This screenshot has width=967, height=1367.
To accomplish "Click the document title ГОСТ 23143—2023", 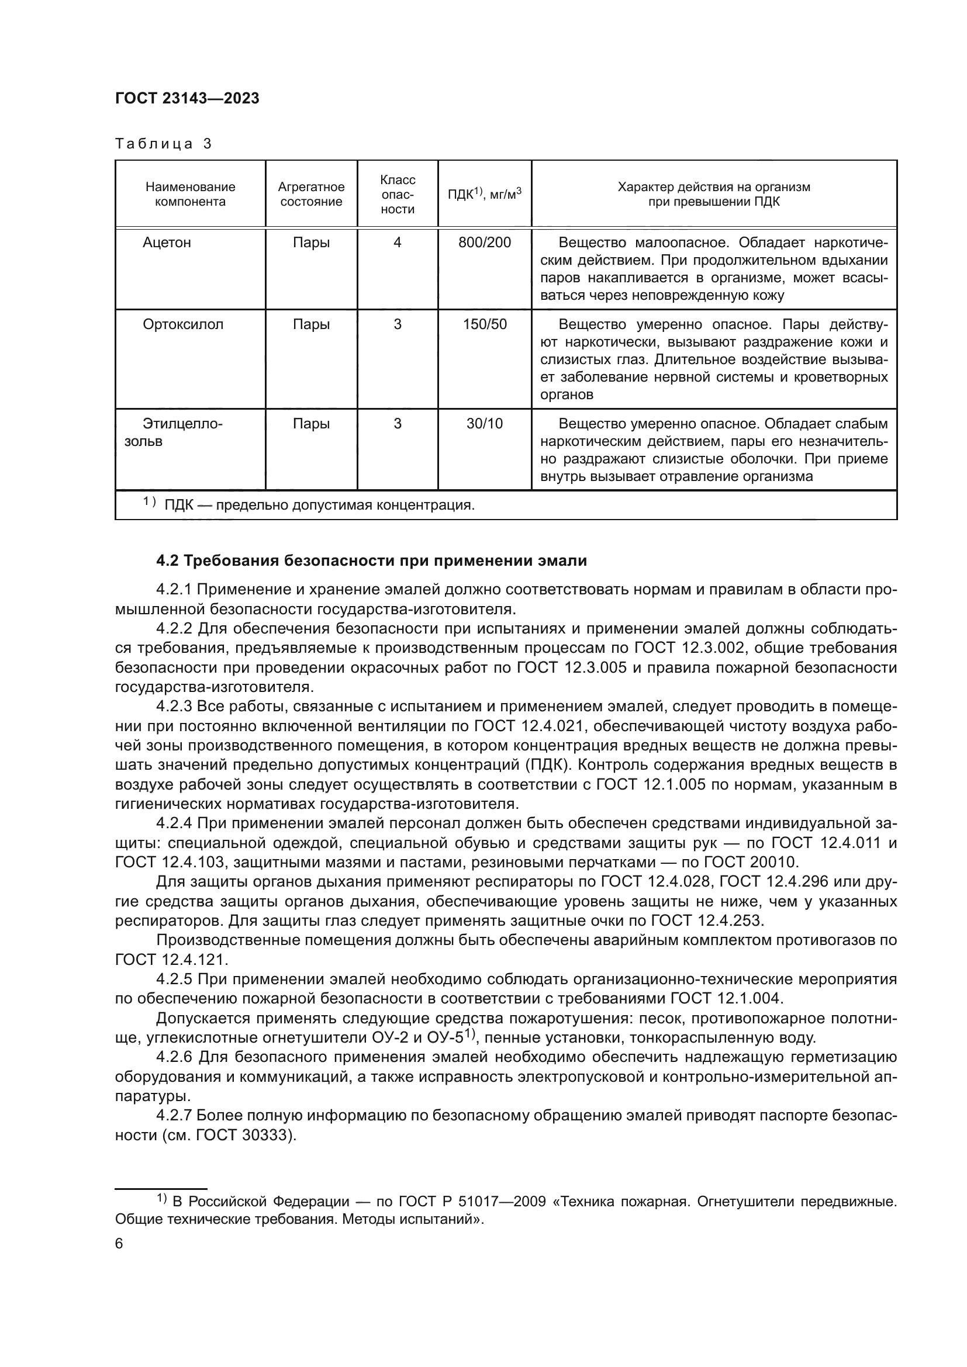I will pos(187,99).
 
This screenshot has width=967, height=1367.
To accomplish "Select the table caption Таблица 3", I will pos(163,144).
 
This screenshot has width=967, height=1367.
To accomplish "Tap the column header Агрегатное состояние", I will pos(311,194).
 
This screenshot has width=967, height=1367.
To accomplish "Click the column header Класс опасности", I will pos(397,194).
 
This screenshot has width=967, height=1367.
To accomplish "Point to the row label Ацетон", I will pos(167,243).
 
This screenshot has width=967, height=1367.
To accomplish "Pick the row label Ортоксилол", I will pos(183,324).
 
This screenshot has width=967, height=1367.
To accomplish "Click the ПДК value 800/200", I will pos(484,243).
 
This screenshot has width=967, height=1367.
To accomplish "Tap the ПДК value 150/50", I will pos(484,324).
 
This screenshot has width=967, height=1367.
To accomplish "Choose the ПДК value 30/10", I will pos(484,424).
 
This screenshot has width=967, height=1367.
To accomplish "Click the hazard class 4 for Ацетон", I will pos(397,243).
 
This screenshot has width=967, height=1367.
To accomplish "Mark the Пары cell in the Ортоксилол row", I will pos(311,324).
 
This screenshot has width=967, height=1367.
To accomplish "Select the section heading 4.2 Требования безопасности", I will pos(371,561).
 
